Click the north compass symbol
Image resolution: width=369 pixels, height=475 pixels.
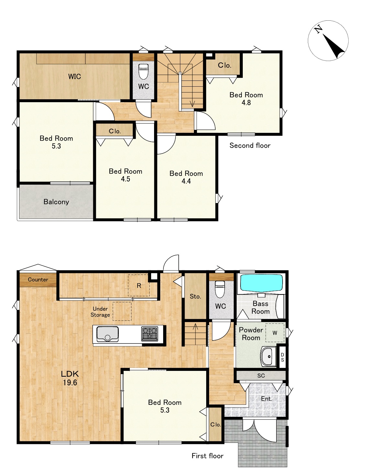point(328,41)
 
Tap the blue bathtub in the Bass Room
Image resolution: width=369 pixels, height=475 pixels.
point(262,282)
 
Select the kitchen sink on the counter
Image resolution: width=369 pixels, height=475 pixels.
point(107,334)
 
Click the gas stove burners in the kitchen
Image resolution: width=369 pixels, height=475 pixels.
point(150,334)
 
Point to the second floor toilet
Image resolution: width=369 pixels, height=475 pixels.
point(143,71)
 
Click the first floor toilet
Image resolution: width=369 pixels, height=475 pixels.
point(220,289)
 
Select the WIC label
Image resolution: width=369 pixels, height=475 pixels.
point(74,77)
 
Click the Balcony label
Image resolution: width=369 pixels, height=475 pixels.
point(56,202)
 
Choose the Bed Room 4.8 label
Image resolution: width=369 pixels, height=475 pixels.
point(246,99)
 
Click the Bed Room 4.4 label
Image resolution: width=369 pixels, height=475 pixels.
point(186,177)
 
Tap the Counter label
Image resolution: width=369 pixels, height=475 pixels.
point(38,279)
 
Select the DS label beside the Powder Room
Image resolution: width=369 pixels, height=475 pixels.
point(282,357)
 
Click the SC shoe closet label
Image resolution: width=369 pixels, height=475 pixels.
point(261,375)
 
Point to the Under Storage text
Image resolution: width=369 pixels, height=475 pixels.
point(100,312)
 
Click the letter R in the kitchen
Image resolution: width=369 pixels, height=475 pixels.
point(139,286)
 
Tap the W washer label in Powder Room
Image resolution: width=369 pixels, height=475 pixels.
point(275,333)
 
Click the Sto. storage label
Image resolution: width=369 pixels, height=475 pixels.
point(195,297)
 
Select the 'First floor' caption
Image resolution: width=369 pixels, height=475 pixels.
point(207,456)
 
